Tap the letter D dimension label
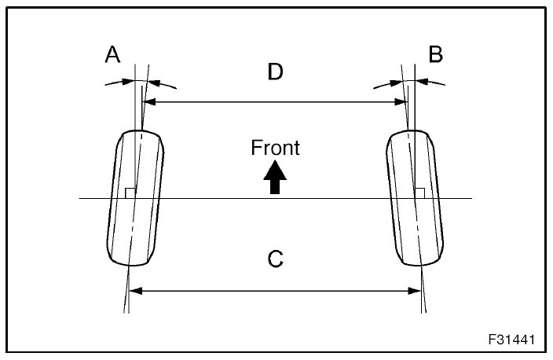[x=274, y=72]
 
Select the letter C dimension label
[x=275, y=259]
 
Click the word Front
[x=275, y=147]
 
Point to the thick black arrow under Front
[x=274, y=177]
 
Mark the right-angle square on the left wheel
[x=130, y=193]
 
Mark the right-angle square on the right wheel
[x=420, y=193]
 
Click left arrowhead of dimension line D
[x=148, y=101]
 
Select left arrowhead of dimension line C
[x=134, y=290]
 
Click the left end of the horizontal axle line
[x=81, y=198]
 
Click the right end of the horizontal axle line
[x=470, y=198]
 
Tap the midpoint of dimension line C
[x=275, y=290]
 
